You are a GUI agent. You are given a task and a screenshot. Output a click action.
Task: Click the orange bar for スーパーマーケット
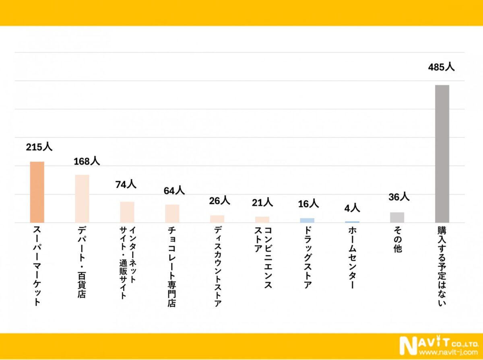point(37,192)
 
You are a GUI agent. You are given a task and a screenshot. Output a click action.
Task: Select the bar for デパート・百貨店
point(82,198)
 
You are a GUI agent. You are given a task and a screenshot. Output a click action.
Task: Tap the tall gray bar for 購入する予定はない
point(442,154)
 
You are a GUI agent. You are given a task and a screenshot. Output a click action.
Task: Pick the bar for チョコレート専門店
point(172,213)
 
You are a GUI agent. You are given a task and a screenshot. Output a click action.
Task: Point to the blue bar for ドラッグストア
point(307,220)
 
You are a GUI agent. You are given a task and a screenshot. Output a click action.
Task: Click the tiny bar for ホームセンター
point(352,222)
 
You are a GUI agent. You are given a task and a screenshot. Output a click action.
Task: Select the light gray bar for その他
point(397,217)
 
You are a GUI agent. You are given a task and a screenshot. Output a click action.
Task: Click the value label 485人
point(441,67)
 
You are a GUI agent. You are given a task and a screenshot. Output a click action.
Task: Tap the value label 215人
point(39,147)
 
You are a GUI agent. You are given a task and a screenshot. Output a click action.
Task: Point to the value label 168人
point(87,161)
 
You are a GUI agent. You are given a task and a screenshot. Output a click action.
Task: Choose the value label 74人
point(126,185)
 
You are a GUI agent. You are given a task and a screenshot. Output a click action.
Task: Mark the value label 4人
point(352,208)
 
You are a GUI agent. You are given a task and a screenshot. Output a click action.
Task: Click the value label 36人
point(399,197)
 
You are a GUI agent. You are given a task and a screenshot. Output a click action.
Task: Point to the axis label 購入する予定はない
point(442,266)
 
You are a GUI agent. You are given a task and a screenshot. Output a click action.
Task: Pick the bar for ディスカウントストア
point(217,219)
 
